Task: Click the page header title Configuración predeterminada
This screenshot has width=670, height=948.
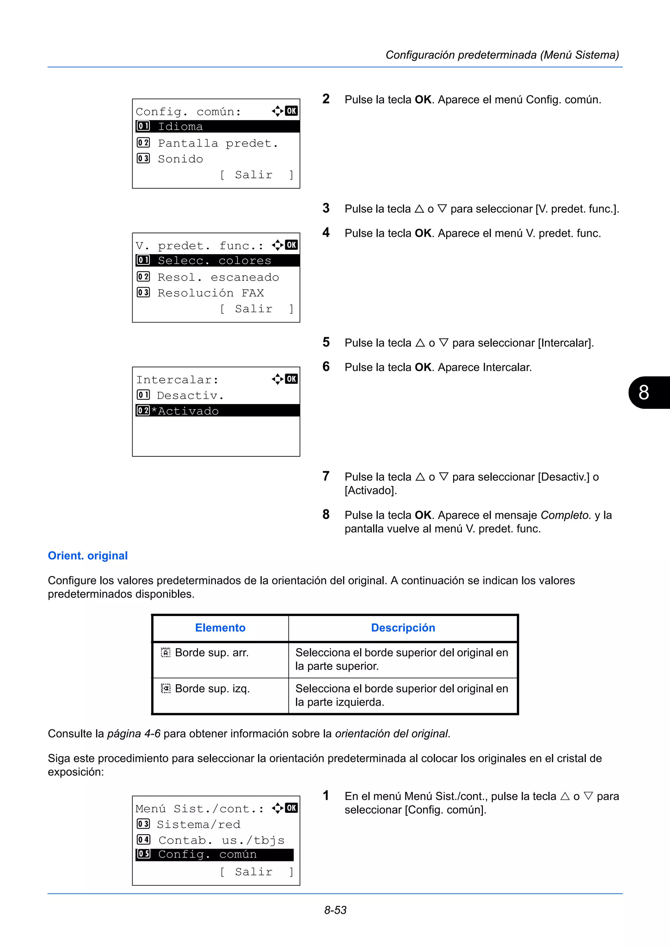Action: coord(502,55)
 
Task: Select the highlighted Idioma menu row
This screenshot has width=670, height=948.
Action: coord(217,126)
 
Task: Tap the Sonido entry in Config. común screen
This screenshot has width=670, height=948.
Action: coord(180,159)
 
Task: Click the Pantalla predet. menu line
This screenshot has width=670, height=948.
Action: coord(218,143)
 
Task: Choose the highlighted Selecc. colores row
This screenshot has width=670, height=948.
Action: coord(217,260)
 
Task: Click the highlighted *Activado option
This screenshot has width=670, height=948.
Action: coord(217,411)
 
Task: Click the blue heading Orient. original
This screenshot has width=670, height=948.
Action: coord(88,556)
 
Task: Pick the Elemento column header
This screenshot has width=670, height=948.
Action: coord(220,628)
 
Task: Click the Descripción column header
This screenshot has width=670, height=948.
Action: coord(403,628)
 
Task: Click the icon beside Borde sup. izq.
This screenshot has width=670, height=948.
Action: coord(166,688)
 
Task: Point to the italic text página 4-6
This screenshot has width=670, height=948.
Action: coord(134,734)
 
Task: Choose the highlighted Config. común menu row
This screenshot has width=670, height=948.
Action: coord(214,854)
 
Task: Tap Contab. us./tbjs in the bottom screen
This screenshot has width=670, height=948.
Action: coord(221,840)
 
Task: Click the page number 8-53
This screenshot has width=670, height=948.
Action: coord(335,910)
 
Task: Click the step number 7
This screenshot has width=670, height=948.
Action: coord(326,476)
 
